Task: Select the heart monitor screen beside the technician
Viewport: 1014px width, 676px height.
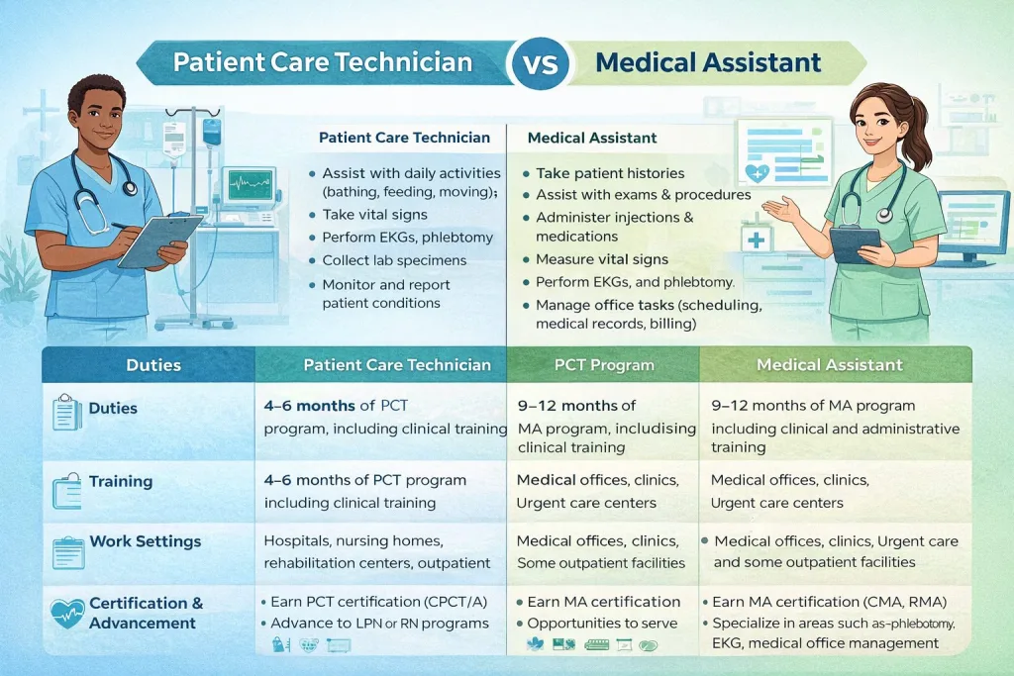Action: click(x=249, y=186)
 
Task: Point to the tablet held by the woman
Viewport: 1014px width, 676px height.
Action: click(x=855, y=241)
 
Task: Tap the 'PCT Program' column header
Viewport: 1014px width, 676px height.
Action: click(x=604, y=365)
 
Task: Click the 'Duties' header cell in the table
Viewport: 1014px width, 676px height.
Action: click(x=153, y=365)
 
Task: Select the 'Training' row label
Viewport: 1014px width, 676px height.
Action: click(x=121, y=481)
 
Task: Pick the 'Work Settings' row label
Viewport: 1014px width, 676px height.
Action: click(x=145, y=541)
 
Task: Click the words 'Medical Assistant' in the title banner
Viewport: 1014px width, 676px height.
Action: click(x=708, y=62)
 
